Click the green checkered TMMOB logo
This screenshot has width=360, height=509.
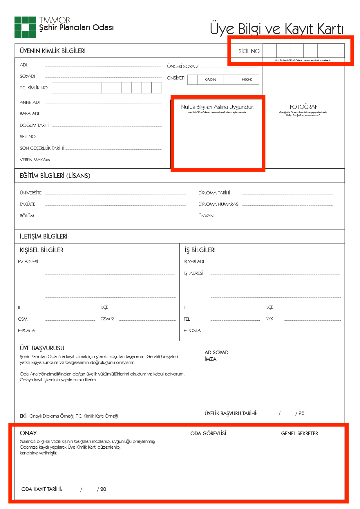pyautogui.click(x=25, y=27)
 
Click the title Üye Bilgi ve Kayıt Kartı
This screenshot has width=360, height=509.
pyautogui.click(x=276, y=29)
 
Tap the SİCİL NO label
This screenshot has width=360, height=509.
pyautogui.click(x=249, y=51)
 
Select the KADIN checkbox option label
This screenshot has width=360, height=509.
pyautogui.click(x=210, y=80)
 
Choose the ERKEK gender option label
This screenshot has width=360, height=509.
pyautogui.click(x=247, y=80)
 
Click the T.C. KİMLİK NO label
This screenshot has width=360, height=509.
pyautogui.click(x=34, y=88)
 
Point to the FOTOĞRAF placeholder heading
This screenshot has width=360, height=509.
pyautogui.click(x=303, y=107)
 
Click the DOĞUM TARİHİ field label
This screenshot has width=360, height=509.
pyautogui.click(x=35, y=125)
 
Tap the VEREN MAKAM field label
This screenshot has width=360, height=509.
pyautogui.click(x=35, y=160)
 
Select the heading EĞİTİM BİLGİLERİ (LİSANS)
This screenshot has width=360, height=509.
pyautogui.click(x=55, y=176)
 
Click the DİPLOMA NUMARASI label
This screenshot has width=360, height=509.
pyautogui.click(x=219, y=204)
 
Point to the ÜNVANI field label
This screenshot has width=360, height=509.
pyautogui.click(x=207, y=216)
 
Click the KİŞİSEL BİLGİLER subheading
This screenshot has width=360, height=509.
pyautogui.click(x=41, y=250)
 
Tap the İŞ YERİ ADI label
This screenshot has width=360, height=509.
pyautogui.click(x=194, y=262)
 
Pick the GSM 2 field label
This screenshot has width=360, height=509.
pyautogui.click(x=107, y=319)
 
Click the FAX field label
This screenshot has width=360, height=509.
pyautogui.click(x=269, y=319)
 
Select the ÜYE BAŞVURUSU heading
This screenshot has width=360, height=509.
pyautogui.click(x=42, y=348)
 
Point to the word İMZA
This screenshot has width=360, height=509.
pyautogui.click(x=211, y=359)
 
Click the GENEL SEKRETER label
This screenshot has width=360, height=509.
pyautogui.click(x=299, y=434)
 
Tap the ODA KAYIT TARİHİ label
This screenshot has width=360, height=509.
pyautogui.click(x=42, y=489)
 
